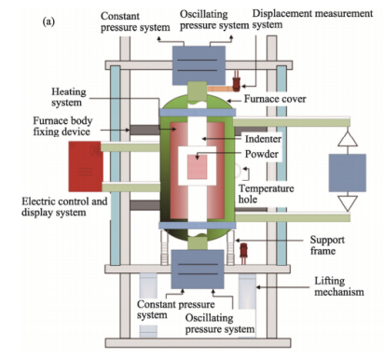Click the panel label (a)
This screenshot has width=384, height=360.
pyautogui.click(x=48, y=21)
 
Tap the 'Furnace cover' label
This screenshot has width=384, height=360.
pyautogui.click(x=275, y=99)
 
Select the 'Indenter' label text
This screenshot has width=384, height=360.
pyautogui.click(x=263, y=139)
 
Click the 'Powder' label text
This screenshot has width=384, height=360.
pyautogui.click(x=262, y=154)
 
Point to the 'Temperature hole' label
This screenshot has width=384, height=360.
pyautogui.click(x=266, y=194)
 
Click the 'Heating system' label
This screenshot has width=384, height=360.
pyautogui.click(x=68, y=97)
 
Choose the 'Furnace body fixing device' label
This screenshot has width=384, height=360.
pyautogui.click(x=62, y=126)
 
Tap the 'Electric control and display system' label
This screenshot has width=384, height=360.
pyautogui.click(x=64, y=207)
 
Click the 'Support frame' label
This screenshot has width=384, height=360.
pyautogui.click(x=327, y=245)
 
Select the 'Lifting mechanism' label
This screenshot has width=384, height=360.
pyautogui.click(x=339, y=286)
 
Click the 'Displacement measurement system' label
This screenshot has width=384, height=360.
pyautogui.click(x=312, y=19)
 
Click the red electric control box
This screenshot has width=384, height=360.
pyautogui.click(x=86, y=166)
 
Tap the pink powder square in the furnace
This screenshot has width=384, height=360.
pyautogui.click(x=197, y=167)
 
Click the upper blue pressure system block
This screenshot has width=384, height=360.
pyautogui.click(x=199, y=65)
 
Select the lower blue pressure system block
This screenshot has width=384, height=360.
pyautogui.click(x=198, y=270)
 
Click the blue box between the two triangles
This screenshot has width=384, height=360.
pyautogui.click(x=348, y=173)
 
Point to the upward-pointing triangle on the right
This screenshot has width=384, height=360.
pyautogui.click(x=348, y=140)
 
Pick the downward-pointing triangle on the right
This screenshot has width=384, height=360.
pyautogui.click(x=348, y=202)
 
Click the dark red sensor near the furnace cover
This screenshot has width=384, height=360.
pyautogui.click(x=237, y=82)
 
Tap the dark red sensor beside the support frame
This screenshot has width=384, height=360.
pyautogui.click(x=243, y=253)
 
